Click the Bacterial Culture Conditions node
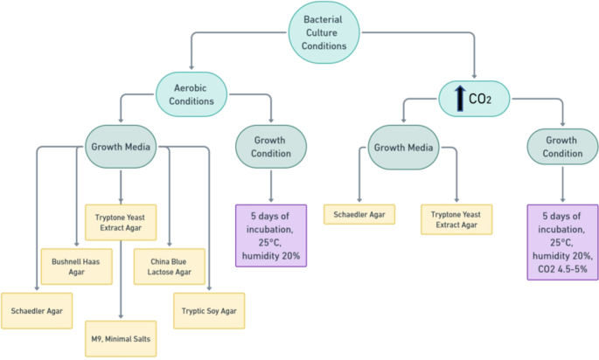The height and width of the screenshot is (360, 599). point(324,31)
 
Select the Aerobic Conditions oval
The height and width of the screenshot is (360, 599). point(191,93)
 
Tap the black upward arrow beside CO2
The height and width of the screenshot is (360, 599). point(458,98)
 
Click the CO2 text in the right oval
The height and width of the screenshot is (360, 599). point(480,99)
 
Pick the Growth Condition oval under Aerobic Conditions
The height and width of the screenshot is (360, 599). point(271,147)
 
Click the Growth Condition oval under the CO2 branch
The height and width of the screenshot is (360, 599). point(562,147)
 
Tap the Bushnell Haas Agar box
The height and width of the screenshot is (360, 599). point(77,267)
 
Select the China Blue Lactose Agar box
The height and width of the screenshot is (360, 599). point(169,267)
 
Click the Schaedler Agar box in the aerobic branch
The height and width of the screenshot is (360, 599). point(36,310)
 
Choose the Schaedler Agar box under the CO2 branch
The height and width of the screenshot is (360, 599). point(359,214)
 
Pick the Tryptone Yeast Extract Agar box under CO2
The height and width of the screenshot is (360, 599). point(456,219)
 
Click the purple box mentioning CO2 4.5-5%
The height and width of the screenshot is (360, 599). point(562,242)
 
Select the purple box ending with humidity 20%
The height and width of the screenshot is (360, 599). point(271,235)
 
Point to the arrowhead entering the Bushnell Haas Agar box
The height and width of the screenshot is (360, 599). point(77,245)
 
